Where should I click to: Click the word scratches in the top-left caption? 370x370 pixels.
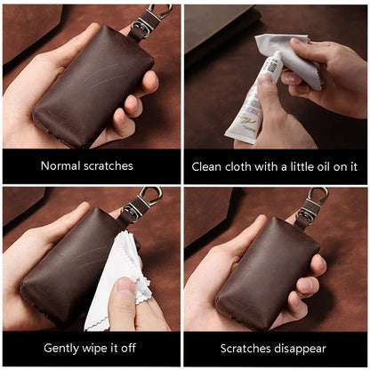point(109,165)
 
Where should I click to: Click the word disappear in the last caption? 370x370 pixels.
point(300,348)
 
